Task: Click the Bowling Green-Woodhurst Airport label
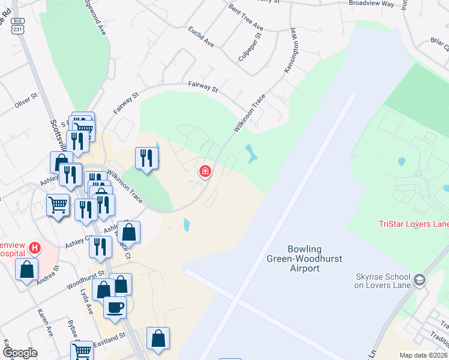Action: point(304,259)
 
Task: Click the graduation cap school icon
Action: point(420,280)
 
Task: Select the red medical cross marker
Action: point(205,172)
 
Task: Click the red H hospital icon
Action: point(35,247)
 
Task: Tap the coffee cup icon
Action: point(115,307)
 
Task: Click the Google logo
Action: point(20,353)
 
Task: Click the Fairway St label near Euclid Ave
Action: point(202,87)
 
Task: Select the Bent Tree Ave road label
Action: point(246,19)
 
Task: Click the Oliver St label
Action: point(27,100)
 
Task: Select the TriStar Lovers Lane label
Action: point(414,224)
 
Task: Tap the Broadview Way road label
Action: point(372,3)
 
